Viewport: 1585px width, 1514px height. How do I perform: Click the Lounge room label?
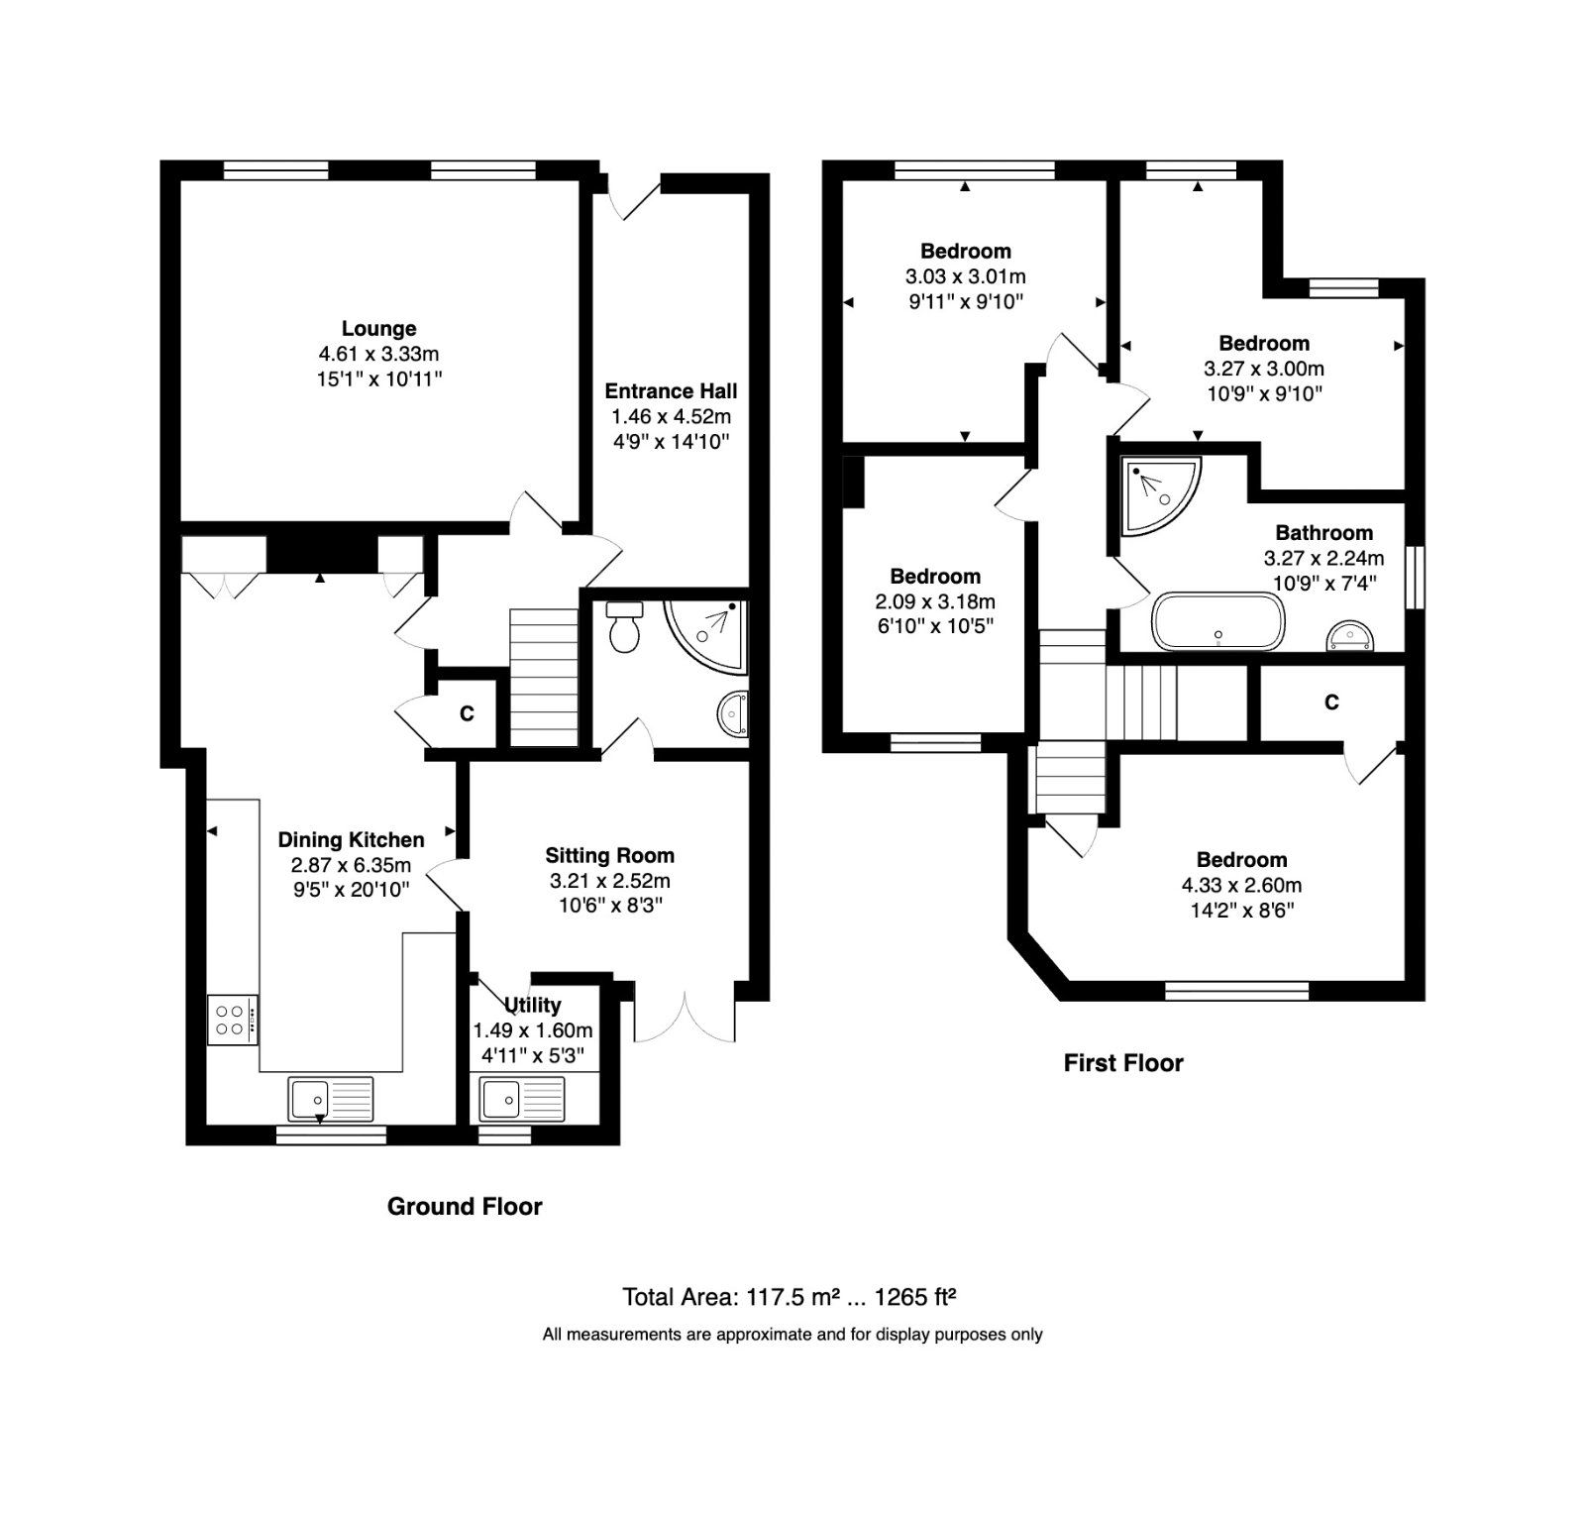tap(378, 329)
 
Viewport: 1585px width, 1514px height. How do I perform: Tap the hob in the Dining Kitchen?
tap(232, 1020)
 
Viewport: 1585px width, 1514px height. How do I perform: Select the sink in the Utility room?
tap(521, 1099)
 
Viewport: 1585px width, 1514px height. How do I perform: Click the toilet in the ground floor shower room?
tap(623, 626)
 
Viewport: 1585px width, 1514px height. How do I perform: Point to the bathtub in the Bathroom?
tap(1217, 621)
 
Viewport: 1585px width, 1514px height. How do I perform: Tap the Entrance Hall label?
tap(671, 391)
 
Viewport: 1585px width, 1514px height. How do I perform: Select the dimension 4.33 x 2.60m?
tap(1241, 885)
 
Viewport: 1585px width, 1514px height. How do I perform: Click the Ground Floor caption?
tap(464, 1206)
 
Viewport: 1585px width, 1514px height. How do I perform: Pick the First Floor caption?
tap(1122, 1063)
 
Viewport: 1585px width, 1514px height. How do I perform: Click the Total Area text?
tap(788, 1297)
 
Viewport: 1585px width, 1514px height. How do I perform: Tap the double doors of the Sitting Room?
tap(685, 1016)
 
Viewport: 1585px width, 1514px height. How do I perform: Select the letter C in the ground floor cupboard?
tap(467, 713)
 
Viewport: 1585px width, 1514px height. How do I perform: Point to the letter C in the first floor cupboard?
tap(1330, 703)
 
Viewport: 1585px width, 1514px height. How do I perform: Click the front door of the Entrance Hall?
tap(635, 198)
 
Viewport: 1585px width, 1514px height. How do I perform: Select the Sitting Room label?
tap(609, 856)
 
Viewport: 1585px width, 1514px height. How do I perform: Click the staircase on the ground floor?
tap(543, 678)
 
